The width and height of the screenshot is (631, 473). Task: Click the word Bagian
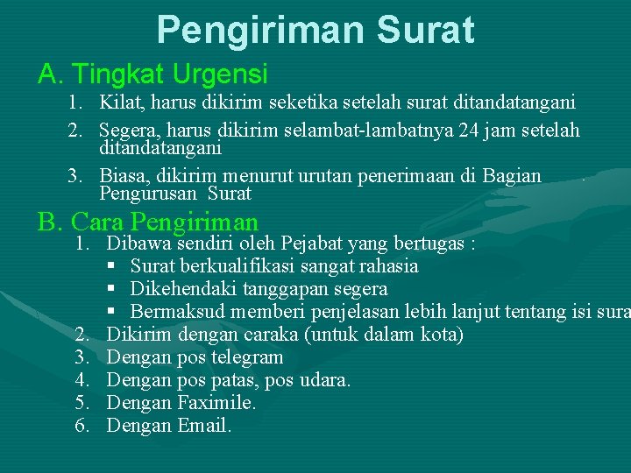click(x=512, y=176)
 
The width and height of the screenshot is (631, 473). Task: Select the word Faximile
click(x=216, y=403)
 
